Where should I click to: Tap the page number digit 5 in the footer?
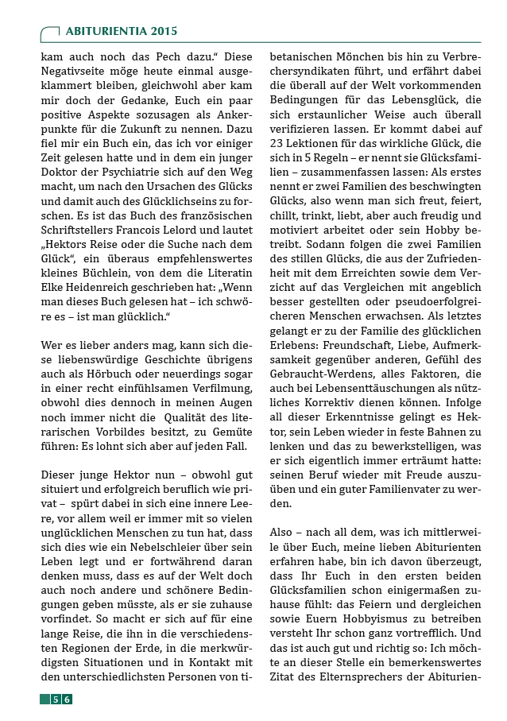[x=56, y=699]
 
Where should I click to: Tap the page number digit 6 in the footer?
[x=68, y=699]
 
